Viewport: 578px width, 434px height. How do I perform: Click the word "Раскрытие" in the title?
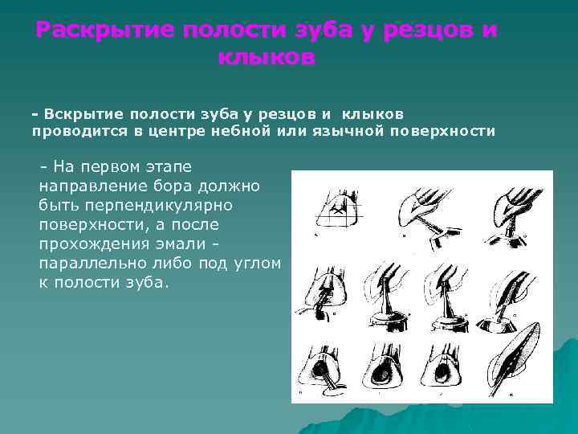coord(104,31)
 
